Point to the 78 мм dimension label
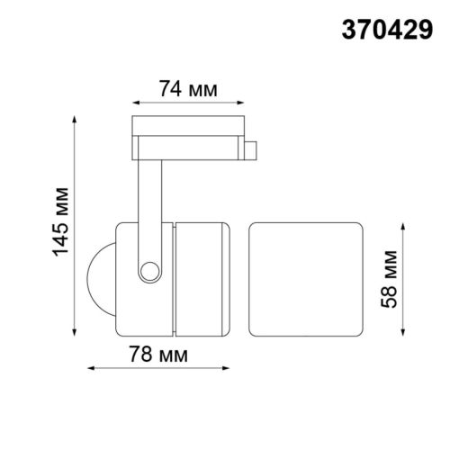pyautogui.click(x=158, y=354)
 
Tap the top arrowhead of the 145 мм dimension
pyautogui.click(x=74, y=119)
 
